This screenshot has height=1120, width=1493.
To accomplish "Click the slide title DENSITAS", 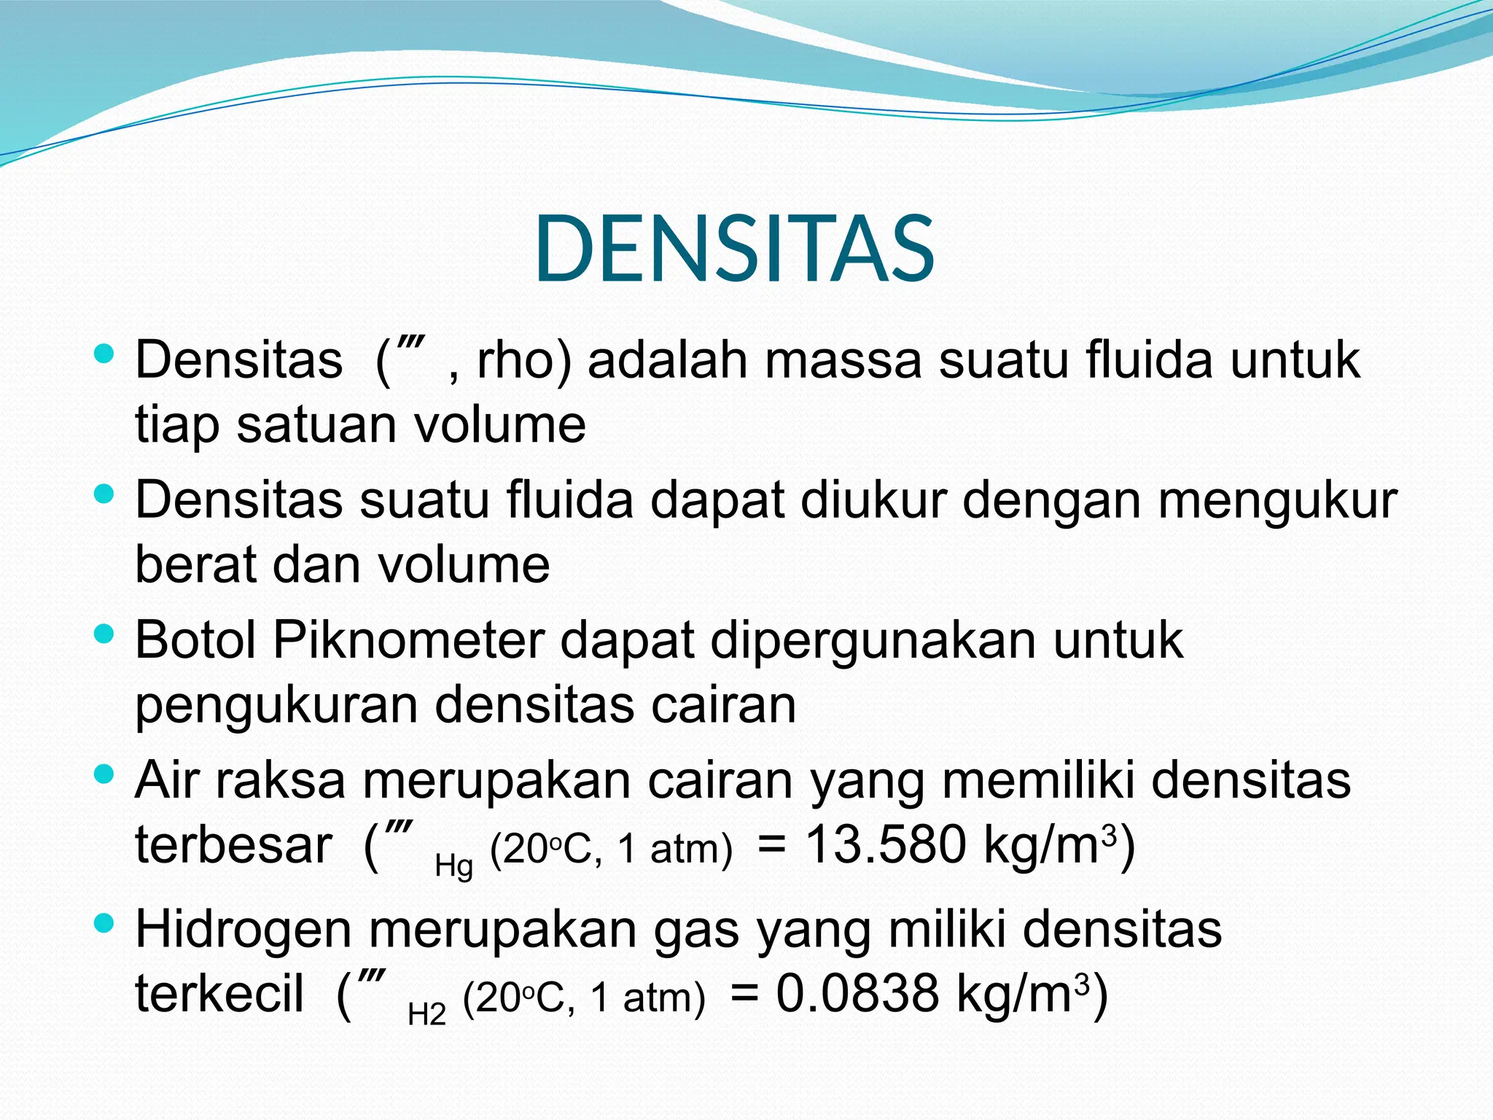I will click(734, 249).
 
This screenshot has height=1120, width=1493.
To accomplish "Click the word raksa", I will click(281, 780).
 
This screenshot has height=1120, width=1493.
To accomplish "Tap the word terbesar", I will click(233, 844).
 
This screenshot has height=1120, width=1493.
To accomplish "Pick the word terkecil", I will click(219, 993).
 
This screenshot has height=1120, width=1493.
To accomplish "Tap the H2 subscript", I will click(426, 1014).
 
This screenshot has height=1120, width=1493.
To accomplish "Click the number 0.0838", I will click(857, 993).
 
